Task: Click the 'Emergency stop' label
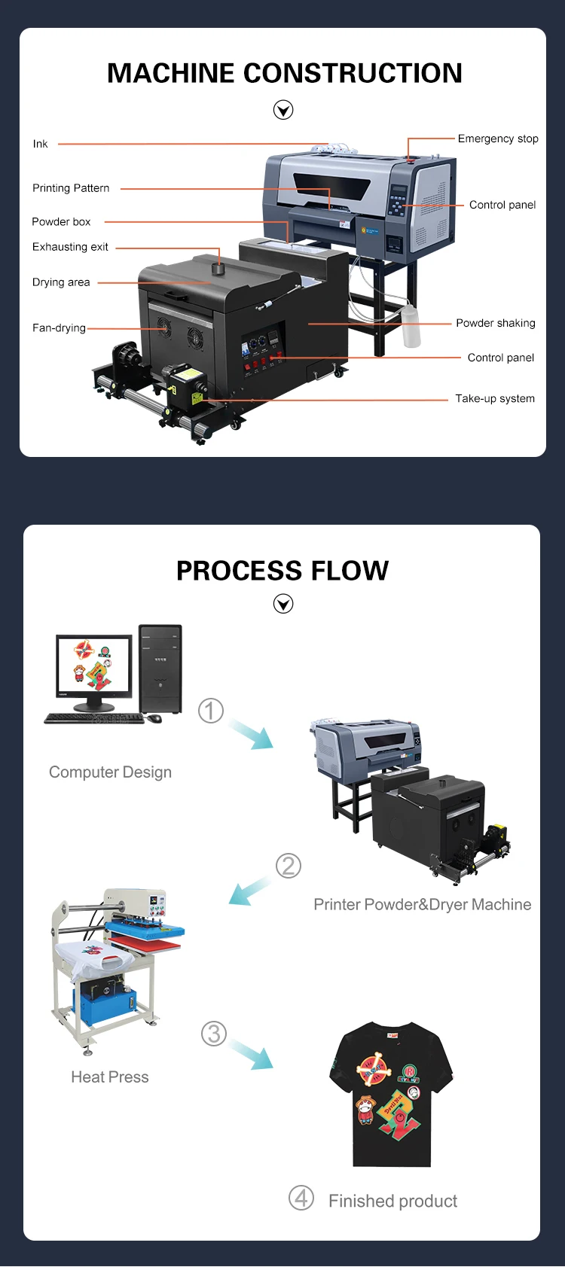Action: [498, 139]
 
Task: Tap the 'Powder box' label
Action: [61, 222]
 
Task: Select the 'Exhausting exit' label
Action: [70, 247]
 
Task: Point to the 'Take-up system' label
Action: [495, 399]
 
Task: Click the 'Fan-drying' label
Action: [59, 328]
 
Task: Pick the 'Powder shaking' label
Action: [495, 323]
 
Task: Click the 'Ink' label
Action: [40, 144]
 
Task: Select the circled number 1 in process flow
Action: [211, 711]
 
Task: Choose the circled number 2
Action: [289, 866]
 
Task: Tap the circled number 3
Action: [214, 1034]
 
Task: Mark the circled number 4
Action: [301, 1198]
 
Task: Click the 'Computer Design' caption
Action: [110, 772]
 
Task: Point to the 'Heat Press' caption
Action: [110, 1077]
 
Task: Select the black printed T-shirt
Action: [391, 1093]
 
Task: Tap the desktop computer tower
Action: [160, 669]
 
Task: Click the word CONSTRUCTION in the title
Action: [353, 73]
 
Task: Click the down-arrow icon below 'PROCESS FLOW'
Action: [283, 604]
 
